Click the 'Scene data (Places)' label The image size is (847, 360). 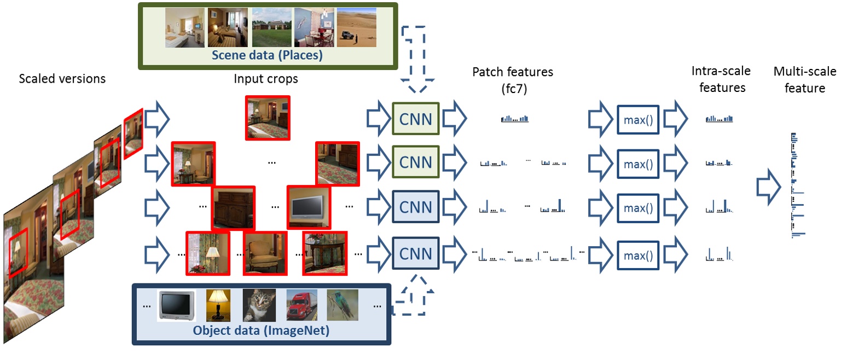pos(266,56)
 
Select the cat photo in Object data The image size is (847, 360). pos(259,305)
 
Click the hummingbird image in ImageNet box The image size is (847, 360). pos(343,305)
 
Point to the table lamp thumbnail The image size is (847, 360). pos(218,305)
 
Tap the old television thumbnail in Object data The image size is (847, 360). pos(176,305)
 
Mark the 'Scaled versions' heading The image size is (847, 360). pos(62,78)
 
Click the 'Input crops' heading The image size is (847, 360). pos(266,78)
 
